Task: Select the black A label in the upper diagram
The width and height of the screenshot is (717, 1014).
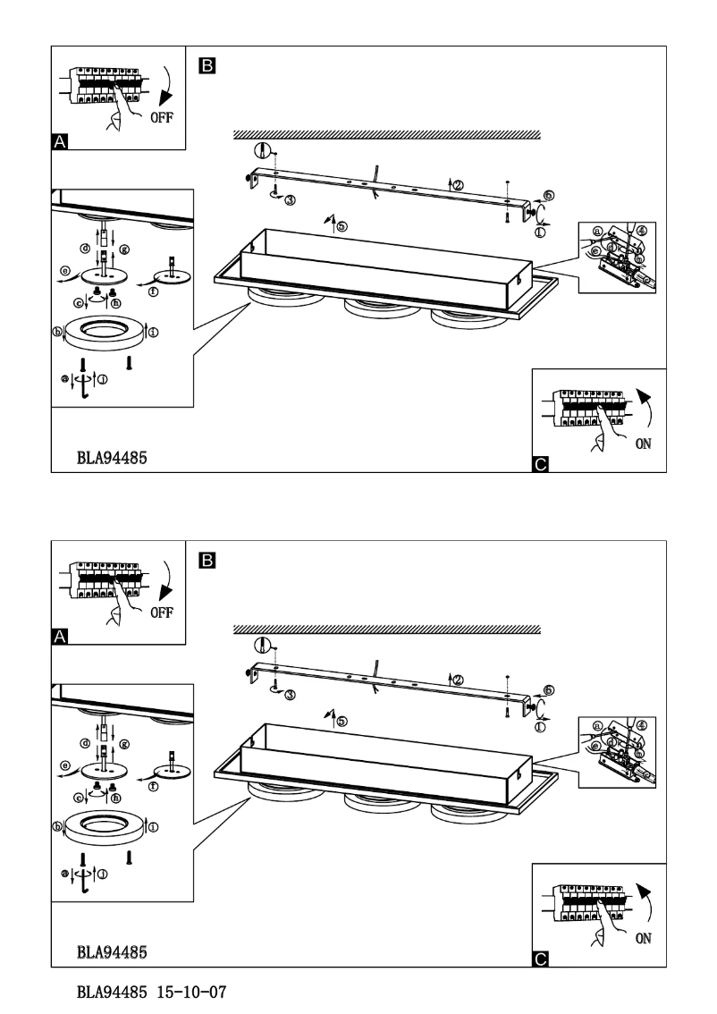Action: [x=61, y=141]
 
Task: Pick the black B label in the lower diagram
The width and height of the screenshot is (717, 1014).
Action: [x=207, y=560]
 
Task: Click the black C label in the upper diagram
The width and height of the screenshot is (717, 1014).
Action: [x=540, y=464]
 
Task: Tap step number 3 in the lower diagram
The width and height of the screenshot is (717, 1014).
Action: [x=290, y=694]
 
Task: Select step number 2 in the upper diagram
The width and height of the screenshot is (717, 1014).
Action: [x=459, y=185]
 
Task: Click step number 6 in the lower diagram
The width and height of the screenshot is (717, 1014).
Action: [x=548, y=689]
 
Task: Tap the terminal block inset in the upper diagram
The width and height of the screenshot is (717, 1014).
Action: [x=622, y=257]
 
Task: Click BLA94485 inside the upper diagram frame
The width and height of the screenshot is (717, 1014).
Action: [x=112, y=456]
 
